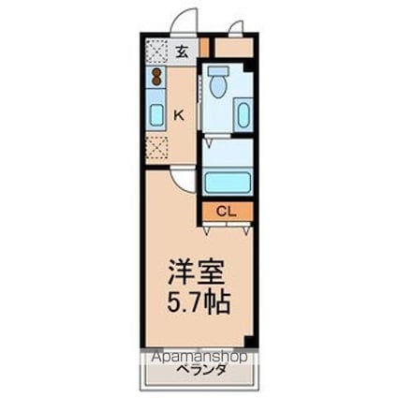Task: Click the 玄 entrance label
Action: coord(183,52)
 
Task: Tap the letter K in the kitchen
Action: coord(179,115)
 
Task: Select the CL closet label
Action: coord(226,211)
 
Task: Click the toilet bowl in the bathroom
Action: coord(218,84)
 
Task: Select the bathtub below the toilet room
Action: coord(226,182)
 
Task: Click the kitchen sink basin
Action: coord(156,113)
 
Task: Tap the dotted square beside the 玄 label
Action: coord(156,52)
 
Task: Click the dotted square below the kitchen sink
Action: coord(156,148)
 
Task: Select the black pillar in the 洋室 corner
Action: coord(250,341)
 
